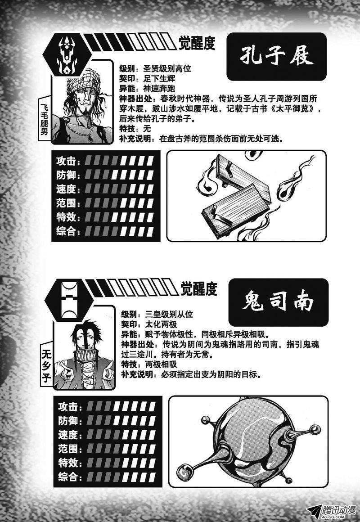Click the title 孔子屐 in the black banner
click(x=276, y=56)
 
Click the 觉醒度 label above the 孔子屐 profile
click(x=197, y=43)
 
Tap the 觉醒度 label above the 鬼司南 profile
click(x=199, y=288)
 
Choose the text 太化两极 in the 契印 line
click(x=162, y=324)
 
